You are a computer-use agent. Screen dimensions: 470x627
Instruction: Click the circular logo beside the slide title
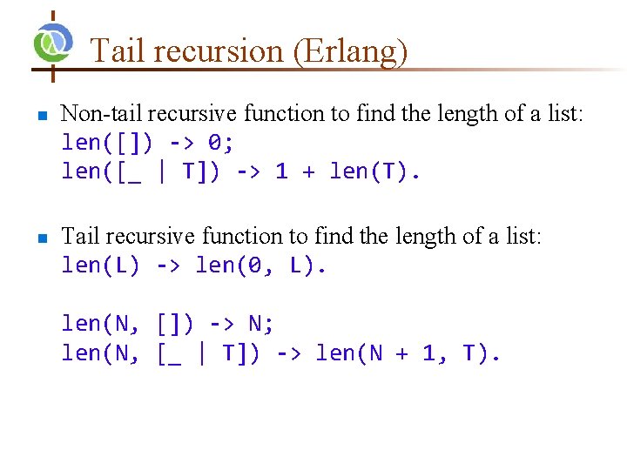(x=52, y=42)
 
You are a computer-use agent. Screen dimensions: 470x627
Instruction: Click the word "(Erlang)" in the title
(x=350, y=51)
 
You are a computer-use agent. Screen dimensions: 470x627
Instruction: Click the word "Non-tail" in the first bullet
(x=103, y=114)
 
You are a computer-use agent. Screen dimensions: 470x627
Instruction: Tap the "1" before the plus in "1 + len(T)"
(x=281, y=171)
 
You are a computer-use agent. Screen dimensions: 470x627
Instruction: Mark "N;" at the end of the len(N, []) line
(x=261, y=324)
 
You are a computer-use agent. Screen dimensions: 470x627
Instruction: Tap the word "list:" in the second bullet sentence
(x=520, y=236)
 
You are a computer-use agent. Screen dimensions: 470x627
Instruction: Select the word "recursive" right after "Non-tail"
(x=185, y=114)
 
